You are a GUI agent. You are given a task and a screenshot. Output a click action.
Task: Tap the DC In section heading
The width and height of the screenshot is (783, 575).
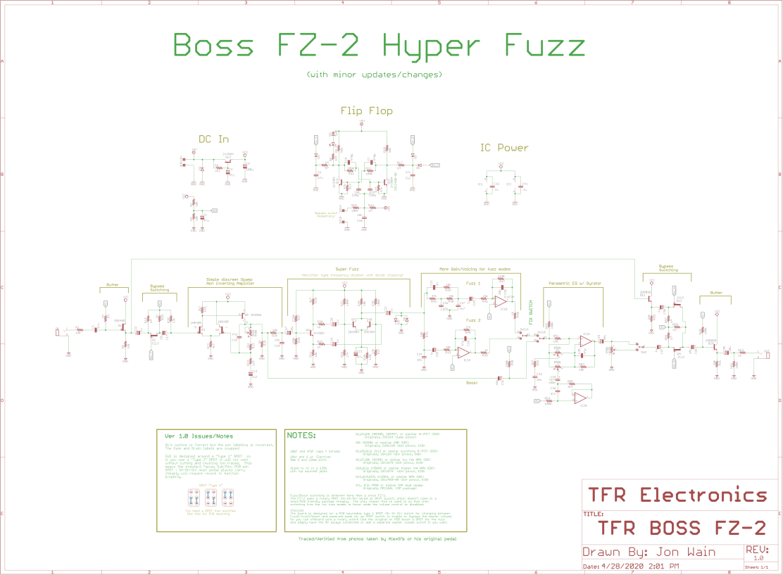tap(213, 139)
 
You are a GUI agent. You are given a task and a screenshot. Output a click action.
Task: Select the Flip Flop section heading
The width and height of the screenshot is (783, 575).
tap(366, 110)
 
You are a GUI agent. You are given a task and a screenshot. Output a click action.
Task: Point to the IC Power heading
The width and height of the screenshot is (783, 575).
tap(503, 148)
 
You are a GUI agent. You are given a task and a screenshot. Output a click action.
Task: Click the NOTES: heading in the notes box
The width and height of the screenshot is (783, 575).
tap(302, 435)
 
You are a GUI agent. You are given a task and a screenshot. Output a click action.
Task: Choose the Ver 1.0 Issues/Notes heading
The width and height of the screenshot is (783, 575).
tap(199, 436)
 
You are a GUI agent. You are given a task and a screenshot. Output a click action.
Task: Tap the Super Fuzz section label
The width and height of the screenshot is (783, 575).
tap(347, 269)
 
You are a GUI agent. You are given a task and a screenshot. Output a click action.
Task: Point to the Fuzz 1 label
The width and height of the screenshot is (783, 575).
tap(473, 283)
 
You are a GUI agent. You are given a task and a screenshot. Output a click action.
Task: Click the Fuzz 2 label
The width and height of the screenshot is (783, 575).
tap(473, 320)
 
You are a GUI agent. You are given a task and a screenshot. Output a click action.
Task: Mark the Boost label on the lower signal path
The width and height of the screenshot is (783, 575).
tap(472, 383)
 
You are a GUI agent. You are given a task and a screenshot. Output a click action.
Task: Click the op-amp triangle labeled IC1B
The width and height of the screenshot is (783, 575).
tap(501, 301)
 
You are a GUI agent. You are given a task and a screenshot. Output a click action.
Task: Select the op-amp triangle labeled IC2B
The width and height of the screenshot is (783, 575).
tap(585, 341)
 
